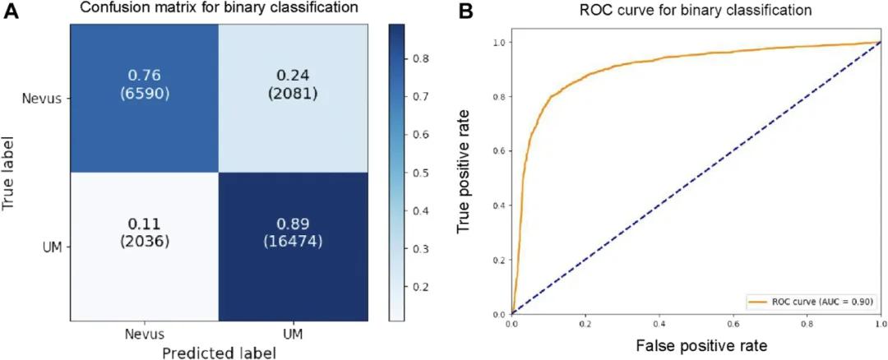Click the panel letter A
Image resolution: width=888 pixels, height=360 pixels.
(x=12, y=12)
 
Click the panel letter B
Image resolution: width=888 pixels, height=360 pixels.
(x=465, y=12)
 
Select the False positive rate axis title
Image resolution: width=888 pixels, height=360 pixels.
(x=696, y=345)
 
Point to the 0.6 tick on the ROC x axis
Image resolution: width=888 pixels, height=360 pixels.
(x=733, y=325)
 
